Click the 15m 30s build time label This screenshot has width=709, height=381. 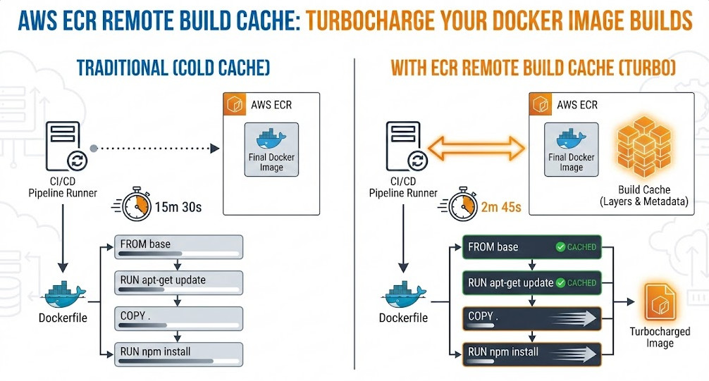178,207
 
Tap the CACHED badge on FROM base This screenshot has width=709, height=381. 576,247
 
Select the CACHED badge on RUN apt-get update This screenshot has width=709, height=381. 576,282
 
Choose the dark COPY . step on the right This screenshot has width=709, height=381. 531,318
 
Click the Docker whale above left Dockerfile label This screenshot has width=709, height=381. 64,292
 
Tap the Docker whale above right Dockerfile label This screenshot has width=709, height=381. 403,292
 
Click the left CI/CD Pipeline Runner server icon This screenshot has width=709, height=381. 64,146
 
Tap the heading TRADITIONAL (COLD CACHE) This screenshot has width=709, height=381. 173,68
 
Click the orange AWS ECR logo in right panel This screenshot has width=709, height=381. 541,105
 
